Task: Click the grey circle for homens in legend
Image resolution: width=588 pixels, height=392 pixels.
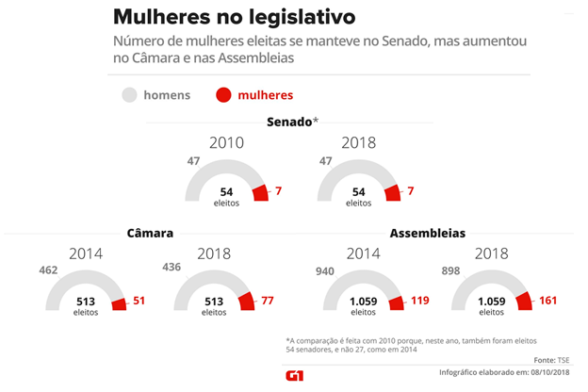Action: pyautogui.click(x=129, y=94)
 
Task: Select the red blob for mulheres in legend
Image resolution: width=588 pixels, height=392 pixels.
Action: pyautogui.click(x=223, y=94)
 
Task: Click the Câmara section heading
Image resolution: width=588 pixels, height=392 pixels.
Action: pyautogui.click(x=150, y=233)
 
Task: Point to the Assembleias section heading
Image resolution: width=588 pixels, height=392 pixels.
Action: pyautogui.click(x=427, y=233)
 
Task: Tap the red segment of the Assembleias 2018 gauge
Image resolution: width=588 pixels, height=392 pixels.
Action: pyautogui.click(x=524, y=301)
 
